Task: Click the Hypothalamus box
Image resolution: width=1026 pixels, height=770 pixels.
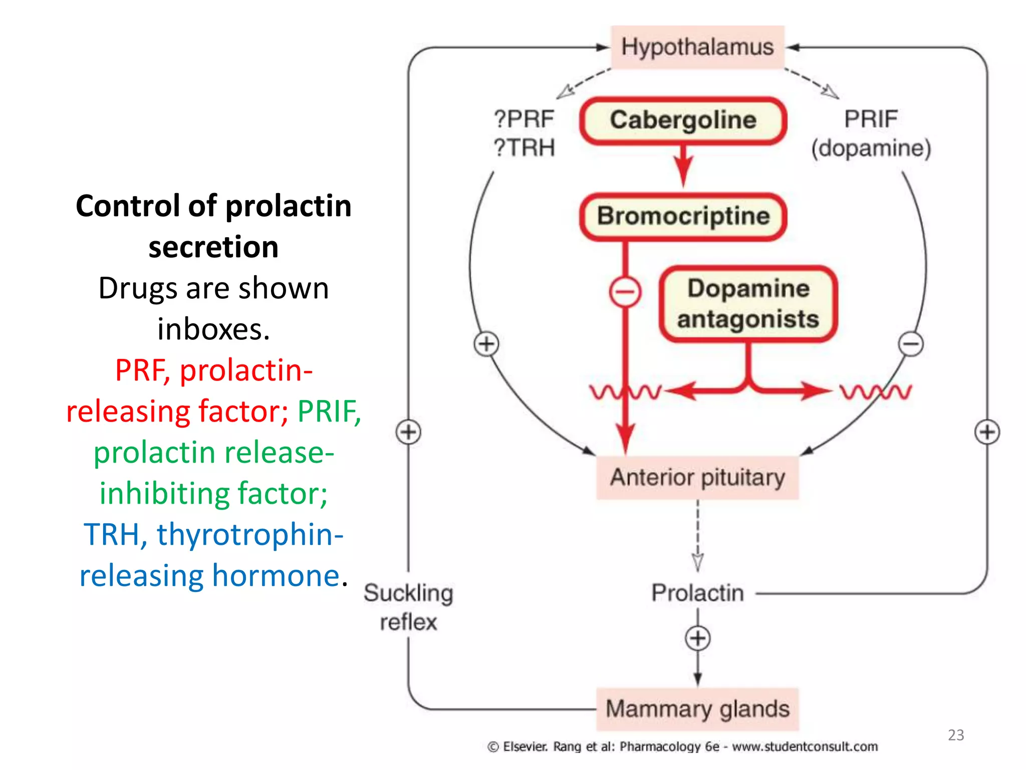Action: pyautogui.click(x=697, y=47)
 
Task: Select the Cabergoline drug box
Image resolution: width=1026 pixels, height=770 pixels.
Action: pyautogui.click(x=683, y=121)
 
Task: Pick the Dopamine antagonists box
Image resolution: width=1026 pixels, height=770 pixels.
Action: pyautogui.click(x=748, y=304)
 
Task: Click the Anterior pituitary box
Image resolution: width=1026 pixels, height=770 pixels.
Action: pyautogui.click(x=697, y=477)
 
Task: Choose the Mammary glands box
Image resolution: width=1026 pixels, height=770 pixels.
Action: pyautogui.click(x=697, y=709)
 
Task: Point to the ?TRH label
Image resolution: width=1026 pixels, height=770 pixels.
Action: pyautogui.click(x=524, y=148)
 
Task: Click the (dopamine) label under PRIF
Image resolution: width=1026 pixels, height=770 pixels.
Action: pyautogui.click(x=871, y=148)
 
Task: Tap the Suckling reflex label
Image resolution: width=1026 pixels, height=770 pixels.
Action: pyautogui.click(x=408, y=607)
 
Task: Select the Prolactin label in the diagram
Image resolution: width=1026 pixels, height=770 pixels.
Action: pyautogui.click(x=697, y=593)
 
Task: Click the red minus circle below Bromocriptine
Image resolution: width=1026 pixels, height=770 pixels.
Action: pyautogui.click(x=625, y=291)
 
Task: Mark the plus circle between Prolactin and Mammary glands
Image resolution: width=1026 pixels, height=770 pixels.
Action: pyautogui.click(x=697, y=638)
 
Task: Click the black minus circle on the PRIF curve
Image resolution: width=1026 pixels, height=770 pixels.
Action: pyautogui.click(x=910, y=344)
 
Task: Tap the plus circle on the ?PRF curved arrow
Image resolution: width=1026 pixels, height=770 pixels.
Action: pyautogui.click(x=486, y=344)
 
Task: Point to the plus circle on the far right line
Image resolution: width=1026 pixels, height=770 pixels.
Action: pyautogui.click(x=987, y=432)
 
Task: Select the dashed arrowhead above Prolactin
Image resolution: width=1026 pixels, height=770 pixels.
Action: pyautogui.click(x=697, y=561)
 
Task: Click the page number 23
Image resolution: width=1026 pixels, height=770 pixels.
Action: pyautogui.click(x=956, y=735)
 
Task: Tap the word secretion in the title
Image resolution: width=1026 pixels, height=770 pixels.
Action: pyautogui.click(x=213, y=247)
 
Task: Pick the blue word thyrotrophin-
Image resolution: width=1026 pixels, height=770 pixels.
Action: pyautogui.click(x=249, y=534)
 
